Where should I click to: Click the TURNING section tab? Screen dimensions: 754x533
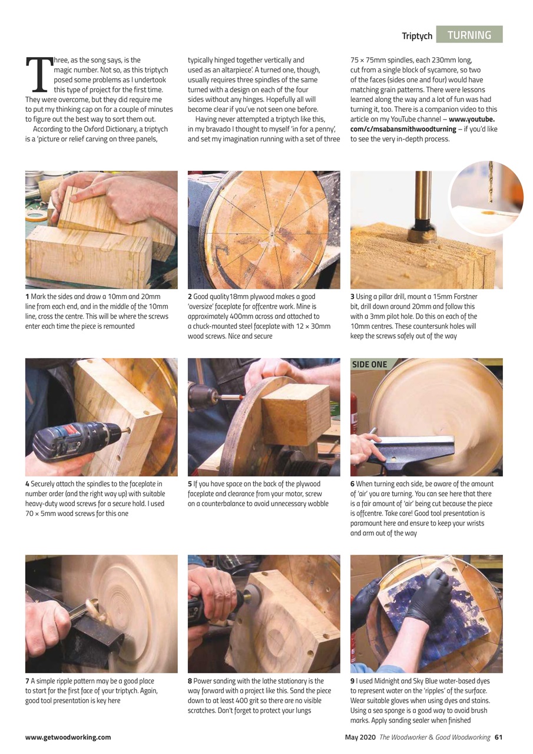[x=469, y=35]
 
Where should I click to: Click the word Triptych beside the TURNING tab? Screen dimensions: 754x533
[x=417, y=36]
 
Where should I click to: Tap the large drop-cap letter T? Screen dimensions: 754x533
[x=37, y=75]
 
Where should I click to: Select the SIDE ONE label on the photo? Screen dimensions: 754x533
[x=369, y=364]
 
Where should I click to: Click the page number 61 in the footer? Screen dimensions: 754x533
[x=498, y=737]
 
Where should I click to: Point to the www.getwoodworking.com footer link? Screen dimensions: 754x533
[x=68, y=737]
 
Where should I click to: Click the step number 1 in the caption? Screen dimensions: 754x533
[x=27, y=296]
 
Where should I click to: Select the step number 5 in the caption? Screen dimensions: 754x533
[x=190, y=484]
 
